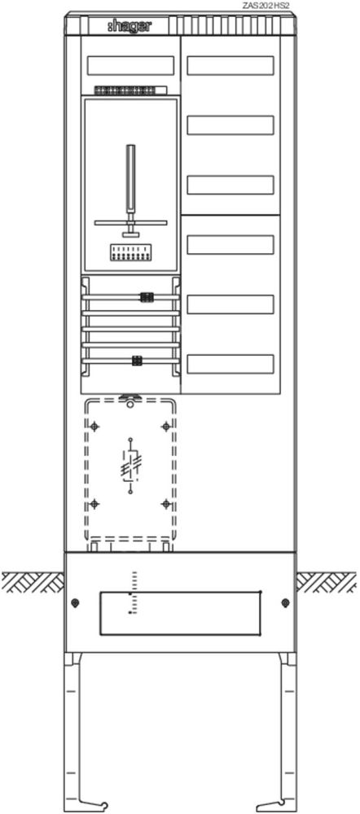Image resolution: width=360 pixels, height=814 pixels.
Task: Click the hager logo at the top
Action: [130, 25]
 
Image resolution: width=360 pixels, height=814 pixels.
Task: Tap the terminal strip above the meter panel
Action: [130, 90]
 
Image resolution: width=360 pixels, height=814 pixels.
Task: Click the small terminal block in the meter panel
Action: [131, 253]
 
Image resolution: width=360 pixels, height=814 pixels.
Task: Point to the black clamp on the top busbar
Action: [147, 297]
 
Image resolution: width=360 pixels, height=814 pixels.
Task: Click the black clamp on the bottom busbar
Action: [137, 361]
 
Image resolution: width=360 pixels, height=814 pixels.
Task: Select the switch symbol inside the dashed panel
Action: [131, 465]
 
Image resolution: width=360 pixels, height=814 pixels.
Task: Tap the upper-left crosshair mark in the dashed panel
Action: [94, 427]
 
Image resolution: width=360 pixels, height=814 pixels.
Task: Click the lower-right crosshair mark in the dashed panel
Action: [166, 504]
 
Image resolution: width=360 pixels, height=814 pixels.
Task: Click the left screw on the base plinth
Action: [76, 602]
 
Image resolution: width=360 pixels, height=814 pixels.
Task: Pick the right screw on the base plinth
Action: [285, 602]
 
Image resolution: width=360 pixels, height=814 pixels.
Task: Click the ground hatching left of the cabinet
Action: [33, 583]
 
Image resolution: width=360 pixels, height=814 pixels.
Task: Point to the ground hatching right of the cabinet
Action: [327, 583]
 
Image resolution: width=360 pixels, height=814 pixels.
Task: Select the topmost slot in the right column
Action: [230, 65]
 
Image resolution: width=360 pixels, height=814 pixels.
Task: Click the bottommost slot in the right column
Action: [230, 364]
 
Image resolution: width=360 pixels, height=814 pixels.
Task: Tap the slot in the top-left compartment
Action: [130, 65]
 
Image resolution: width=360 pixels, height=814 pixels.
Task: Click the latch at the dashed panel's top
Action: [130, 399]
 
